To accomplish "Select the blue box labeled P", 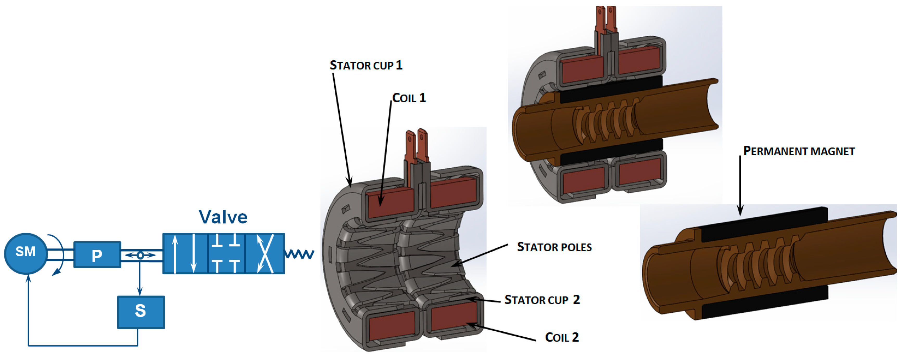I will point(97,255).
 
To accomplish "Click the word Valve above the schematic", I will point(223,217).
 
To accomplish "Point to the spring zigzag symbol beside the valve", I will point(300,254).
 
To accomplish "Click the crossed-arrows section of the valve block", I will point(265,254).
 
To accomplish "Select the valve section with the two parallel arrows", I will point(185,254).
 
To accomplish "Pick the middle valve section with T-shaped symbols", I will point(226,254).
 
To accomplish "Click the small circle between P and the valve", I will point(140,255).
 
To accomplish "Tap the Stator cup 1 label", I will point(366,65).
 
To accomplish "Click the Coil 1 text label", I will point(409,98).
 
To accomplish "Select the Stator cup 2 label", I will point(542,300).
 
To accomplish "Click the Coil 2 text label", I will point(562,337).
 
